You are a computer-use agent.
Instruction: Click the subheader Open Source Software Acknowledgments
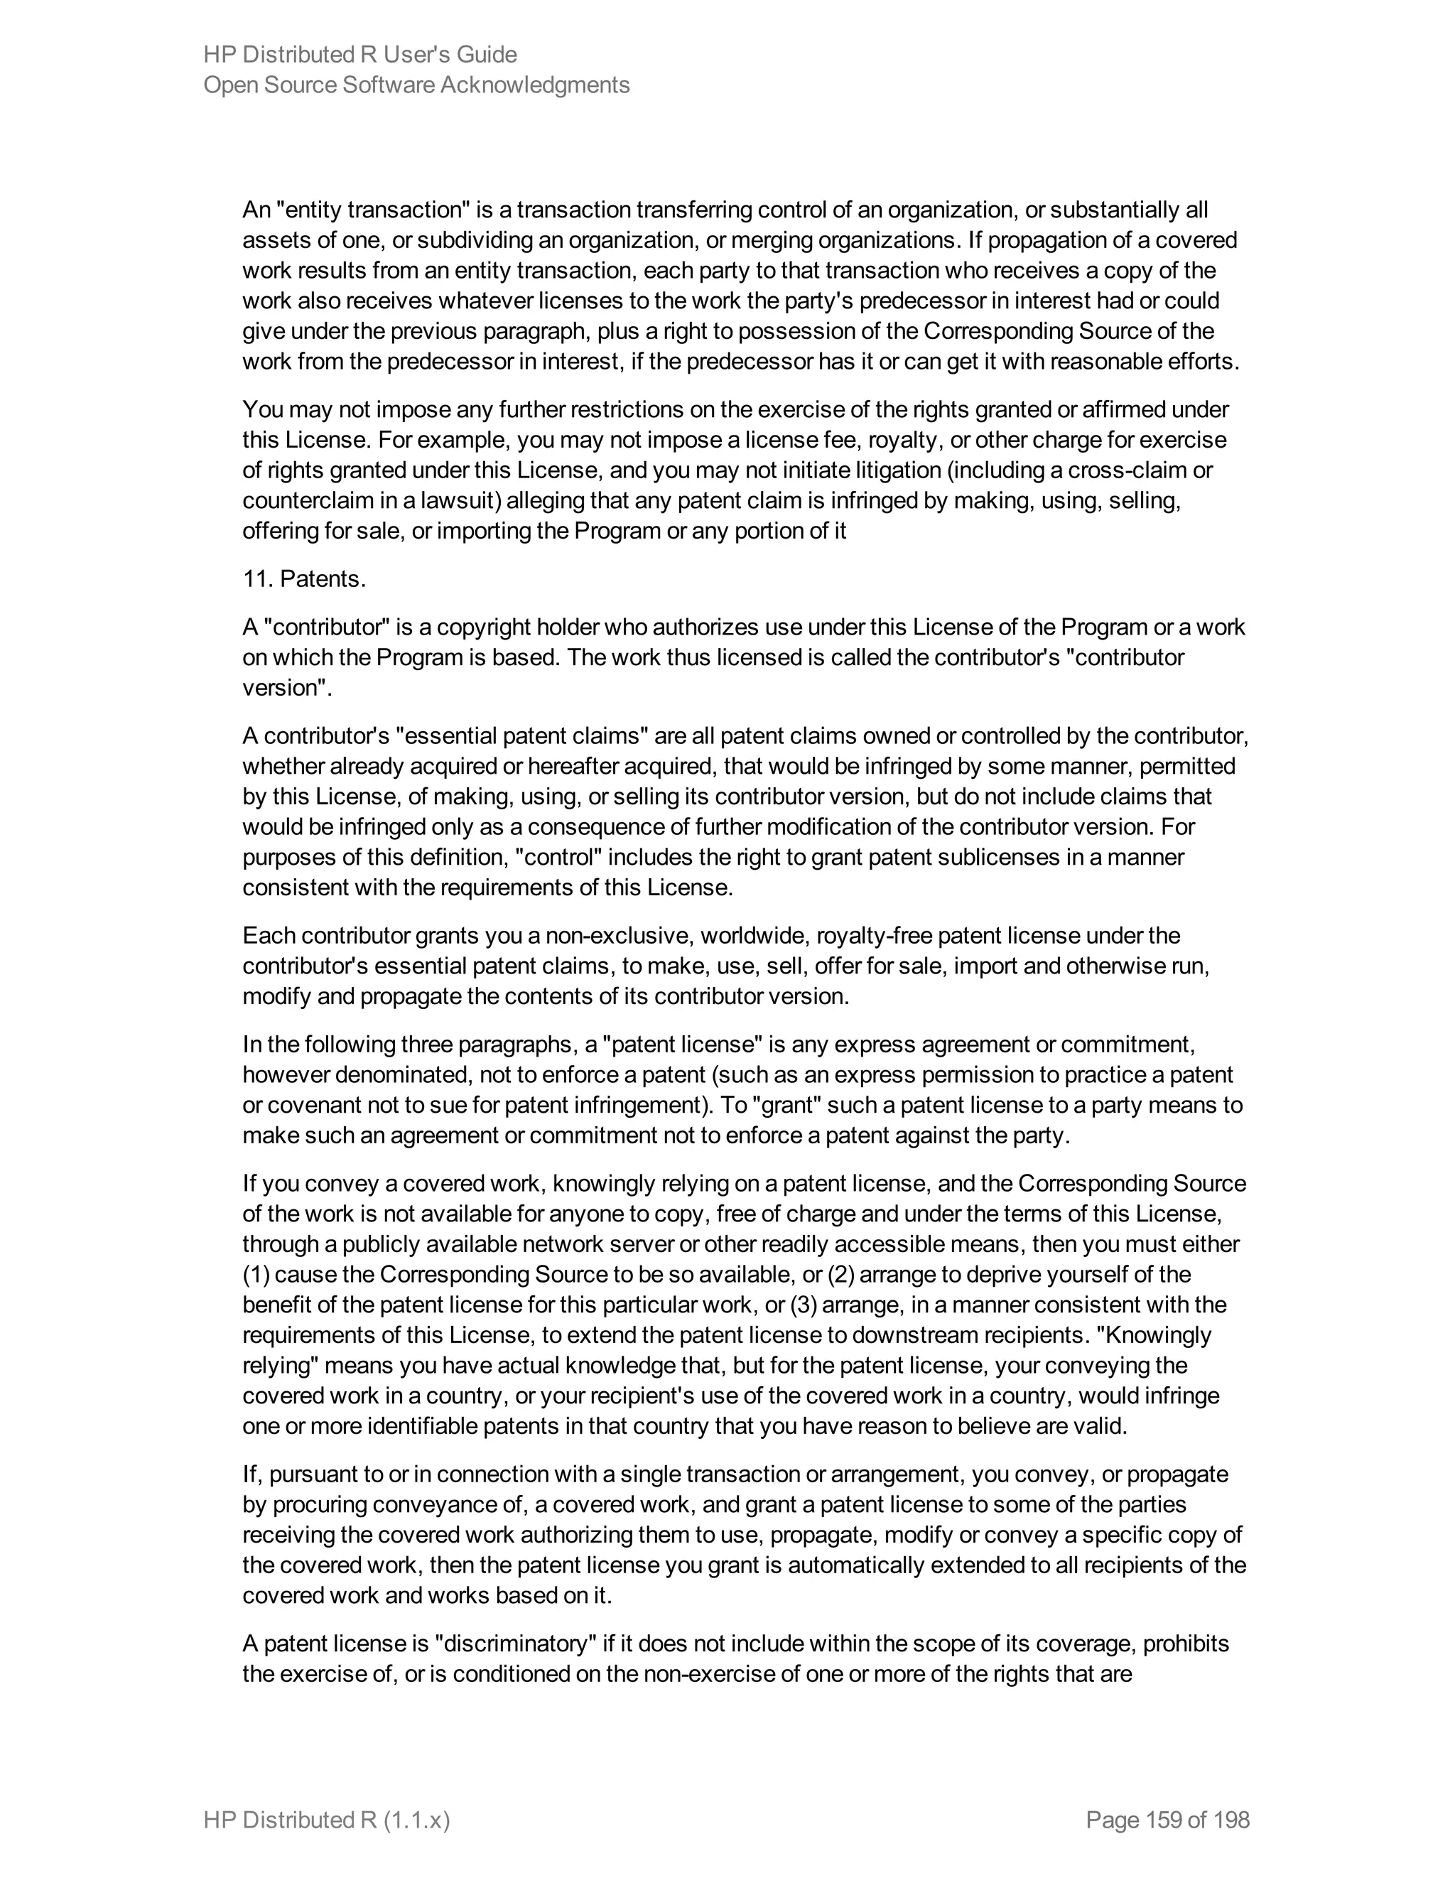tap(416, 85)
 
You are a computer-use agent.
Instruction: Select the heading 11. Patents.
tap(303, 578)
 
